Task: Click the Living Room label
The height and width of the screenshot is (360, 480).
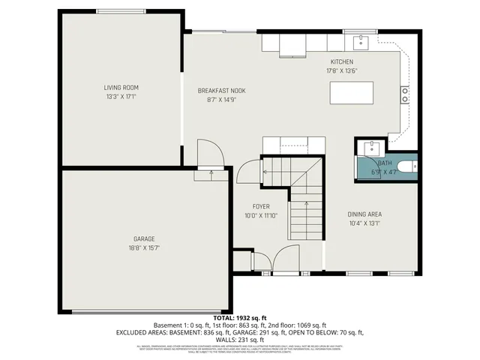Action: tap(121, 88)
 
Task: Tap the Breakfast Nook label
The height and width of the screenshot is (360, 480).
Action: tap(221, 91)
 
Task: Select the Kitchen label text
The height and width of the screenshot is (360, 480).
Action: tap(341, 62)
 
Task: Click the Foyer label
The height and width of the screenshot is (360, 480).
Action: tap(260, 206)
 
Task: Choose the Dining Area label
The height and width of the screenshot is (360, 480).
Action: tap(365, 214)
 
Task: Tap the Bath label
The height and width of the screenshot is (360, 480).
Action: tap(384, 163)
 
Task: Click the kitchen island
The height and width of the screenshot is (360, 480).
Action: tap(352, 93)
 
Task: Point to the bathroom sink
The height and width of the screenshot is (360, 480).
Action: tap(370, 147)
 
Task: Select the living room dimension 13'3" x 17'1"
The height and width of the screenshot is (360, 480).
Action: tap(121, 97)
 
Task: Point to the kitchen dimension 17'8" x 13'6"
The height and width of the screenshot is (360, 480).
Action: tap(341, 71)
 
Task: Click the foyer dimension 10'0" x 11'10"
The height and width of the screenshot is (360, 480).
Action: tap(260, 215)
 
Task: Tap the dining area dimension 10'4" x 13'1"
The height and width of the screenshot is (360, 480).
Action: tap(365, 223)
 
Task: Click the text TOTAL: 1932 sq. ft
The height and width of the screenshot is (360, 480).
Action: tap(239, 319)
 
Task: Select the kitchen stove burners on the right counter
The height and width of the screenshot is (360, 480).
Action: tap(405, 94)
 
